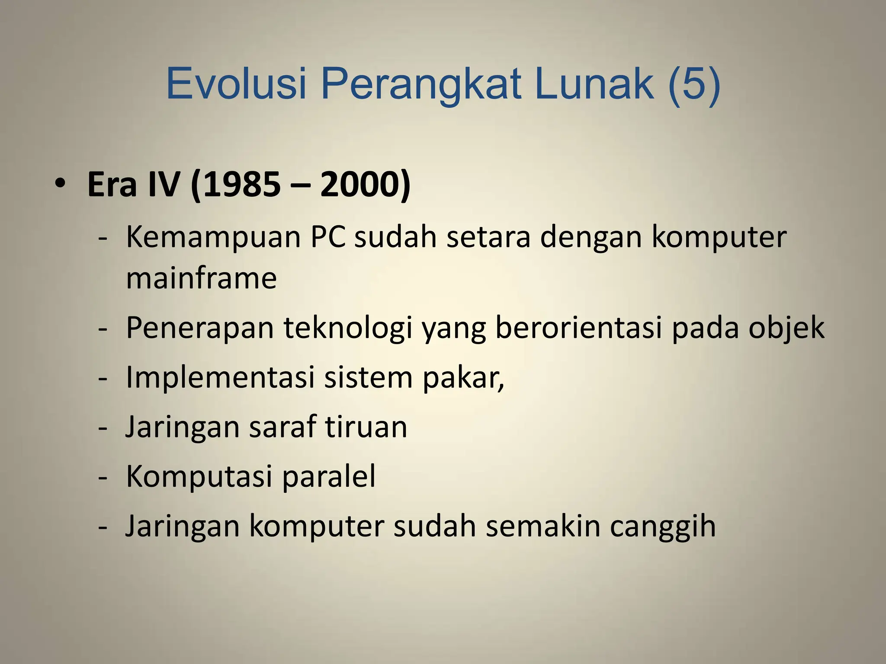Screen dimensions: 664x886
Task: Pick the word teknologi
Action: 348,328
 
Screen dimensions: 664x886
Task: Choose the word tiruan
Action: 366,427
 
